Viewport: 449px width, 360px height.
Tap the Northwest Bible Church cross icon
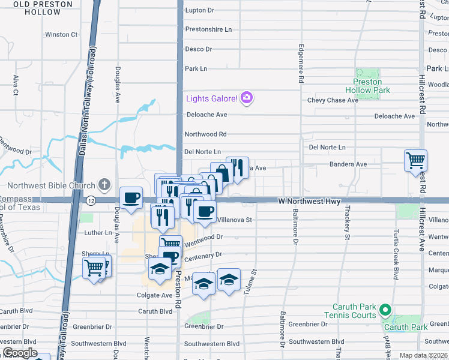click(x=104, y=185)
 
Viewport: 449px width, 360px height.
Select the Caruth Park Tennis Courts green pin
click(x=385, y=311)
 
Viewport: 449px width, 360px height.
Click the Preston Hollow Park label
click(x=372, y=86)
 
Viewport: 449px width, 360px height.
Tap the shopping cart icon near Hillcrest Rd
click(x=415, y=160)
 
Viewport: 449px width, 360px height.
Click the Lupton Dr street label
click(x=199, y=10)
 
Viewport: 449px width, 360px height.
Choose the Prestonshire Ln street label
click(x=208, y=29)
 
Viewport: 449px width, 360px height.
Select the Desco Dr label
click(x=199, y=49)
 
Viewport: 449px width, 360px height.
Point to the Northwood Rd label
click(x=205, y=134)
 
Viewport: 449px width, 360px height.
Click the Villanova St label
click(x=234, y=220)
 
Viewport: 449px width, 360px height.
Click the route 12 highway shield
click(x=90, y=200)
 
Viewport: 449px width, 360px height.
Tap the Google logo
click(x=20, y=353)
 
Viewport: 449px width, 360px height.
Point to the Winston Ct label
click(x=61, y=34)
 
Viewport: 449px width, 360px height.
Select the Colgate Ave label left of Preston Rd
click(x=154, y=295)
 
